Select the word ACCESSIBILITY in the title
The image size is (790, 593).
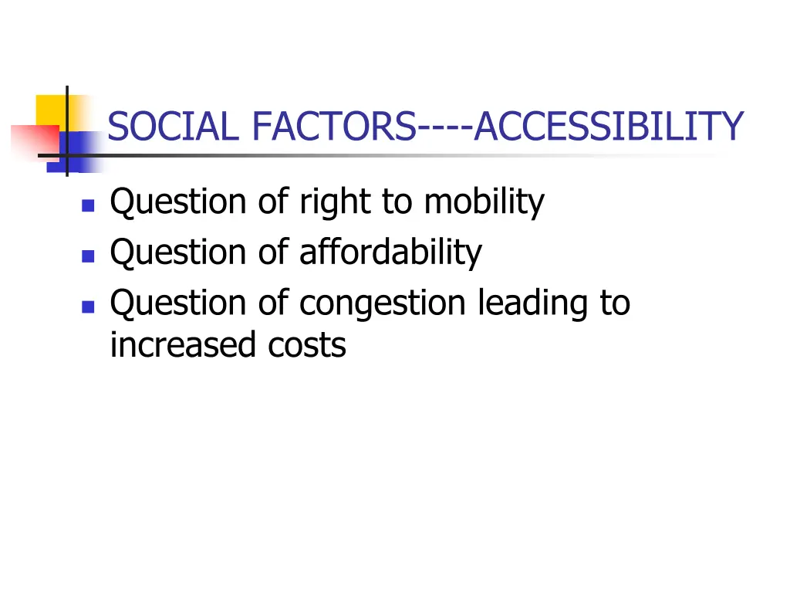[609, 127]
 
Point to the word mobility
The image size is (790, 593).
[484, 202]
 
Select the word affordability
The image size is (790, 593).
[390, 252]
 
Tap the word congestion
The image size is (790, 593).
[383, 303]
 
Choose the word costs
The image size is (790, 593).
[307, 345]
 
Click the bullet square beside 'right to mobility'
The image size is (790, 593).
[87, 205]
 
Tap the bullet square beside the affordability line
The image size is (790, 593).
[87, 256]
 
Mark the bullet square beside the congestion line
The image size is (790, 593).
[87, 306]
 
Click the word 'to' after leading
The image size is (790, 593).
[613, 302]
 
